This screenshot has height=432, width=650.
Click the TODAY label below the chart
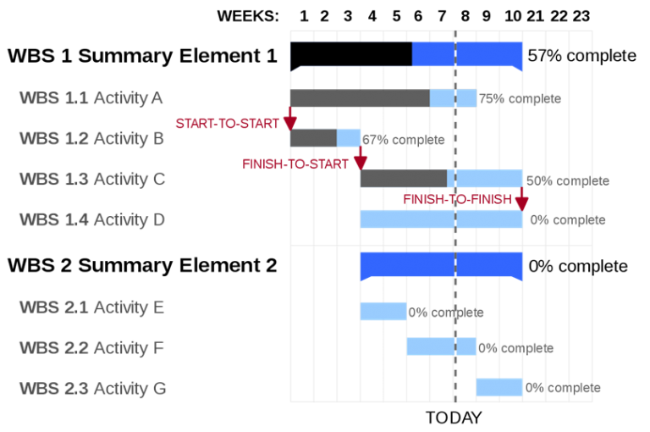pos(454,418)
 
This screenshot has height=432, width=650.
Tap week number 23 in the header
pos(581,16)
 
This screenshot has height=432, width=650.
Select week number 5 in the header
pos(397,16)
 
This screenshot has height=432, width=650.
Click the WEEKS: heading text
pos(248,16)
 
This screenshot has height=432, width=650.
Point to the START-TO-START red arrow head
pos(290,124)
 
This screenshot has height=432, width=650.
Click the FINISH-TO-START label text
pos(295,164)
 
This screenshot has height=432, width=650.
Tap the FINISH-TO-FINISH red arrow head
pos(521,204)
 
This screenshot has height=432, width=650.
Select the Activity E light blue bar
pos(383,311)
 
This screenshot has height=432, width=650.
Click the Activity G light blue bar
pos(499,387)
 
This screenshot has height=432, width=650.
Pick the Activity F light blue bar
pos(442,346)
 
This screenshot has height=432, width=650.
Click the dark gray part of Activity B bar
pos(313,138)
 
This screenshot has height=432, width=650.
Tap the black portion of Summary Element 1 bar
pos(351,54)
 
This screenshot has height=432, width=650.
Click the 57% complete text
pos(581,56)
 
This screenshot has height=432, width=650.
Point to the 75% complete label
pos(520,99)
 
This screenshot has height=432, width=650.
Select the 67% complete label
pos(404,140)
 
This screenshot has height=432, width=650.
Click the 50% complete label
pos(568,181)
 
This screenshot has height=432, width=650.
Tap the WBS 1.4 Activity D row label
pos(92,219)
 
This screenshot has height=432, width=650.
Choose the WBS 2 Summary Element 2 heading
pos(142,265)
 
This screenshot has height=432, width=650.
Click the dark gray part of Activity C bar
pos(404,179)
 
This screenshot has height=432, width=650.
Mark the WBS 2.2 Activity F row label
pos(91,348)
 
